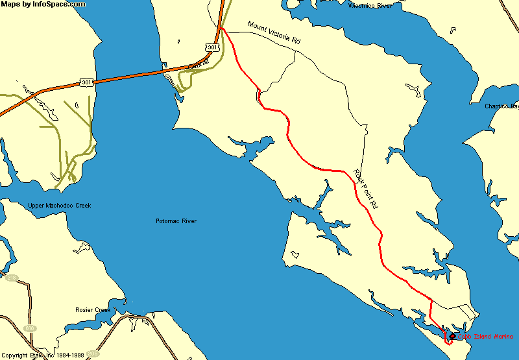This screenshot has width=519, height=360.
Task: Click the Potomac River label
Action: (x=176, y=221)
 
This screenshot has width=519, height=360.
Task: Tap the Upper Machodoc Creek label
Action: (x=60, y=206)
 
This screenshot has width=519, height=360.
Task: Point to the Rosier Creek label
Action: (x=93, y=310)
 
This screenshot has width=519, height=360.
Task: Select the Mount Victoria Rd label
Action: (x=274, y=32)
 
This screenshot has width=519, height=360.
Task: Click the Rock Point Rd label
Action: (x=365, y=187)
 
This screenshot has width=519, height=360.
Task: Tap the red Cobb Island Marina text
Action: (x=485, y=336)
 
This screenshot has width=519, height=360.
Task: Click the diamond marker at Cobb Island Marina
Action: (x=452, y=336)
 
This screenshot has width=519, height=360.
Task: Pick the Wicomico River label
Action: (x=370, y=5)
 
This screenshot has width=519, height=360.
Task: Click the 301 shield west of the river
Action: (x=86, y=82)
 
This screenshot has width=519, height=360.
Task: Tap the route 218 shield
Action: (x=11, y=278)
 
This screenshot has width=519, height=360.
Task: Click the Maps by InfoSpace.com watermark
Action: (x=43, y=5)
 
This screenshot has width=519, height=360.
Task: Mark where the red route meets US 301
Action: (x=221, y=29)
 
